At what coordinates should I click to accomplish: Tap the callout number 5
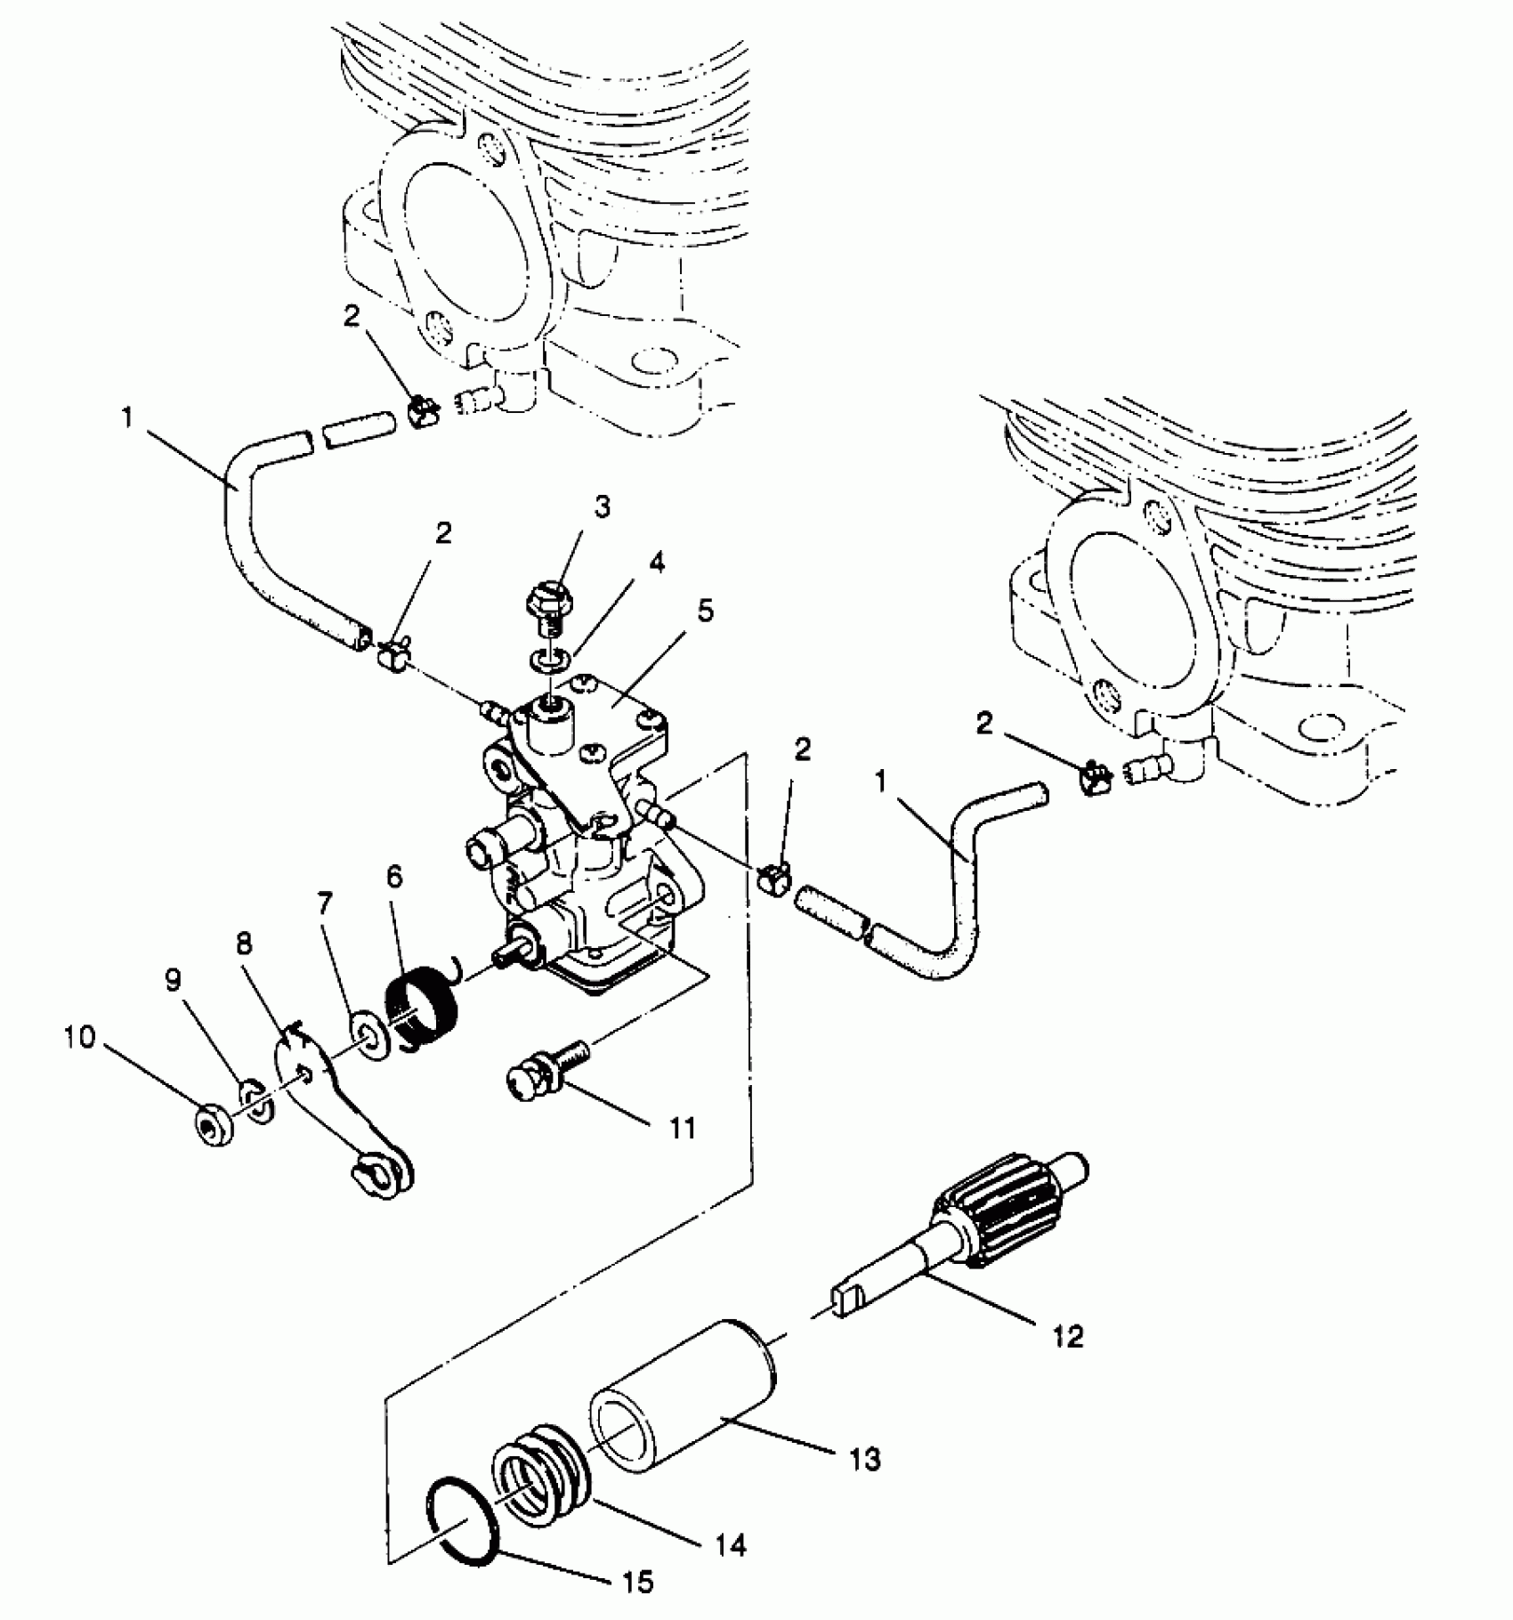(x=705, y=612)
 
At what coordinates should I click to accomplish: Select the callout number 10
(x=78, y=1037)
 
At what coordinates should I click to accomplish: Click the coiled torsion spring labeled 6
(x=425, y=1005)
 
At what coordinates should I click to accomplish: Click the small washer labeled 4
(x=545, y=660)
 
